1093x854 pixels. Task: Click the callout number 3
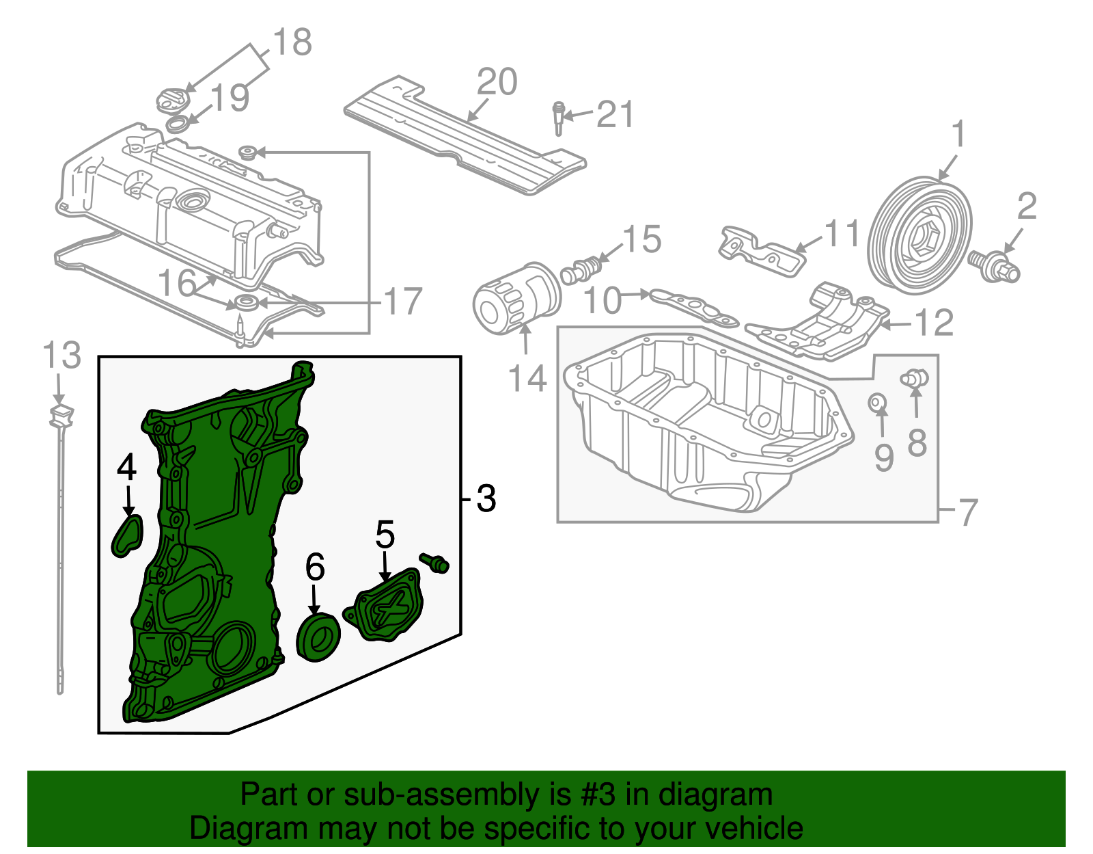pos(486,499)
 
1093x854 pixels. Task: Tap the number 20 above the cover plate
pos(497,83)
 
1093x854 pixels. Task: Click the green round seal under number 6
pos(318,637)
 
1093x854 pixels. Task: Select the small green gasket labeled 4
pos(128,535)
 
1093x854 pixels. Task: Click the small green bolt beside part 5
pos(435,563)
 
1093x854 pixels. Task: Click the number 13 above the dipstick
pos(61,356)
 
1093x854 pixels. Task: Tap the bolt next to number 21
pos(559,118)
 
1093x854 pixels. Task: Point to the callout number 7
pos(968,511)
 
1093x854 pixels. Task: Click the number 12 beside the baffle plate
pos(933,323)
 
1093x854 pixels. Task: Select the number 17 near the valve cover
pos(403,302)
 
